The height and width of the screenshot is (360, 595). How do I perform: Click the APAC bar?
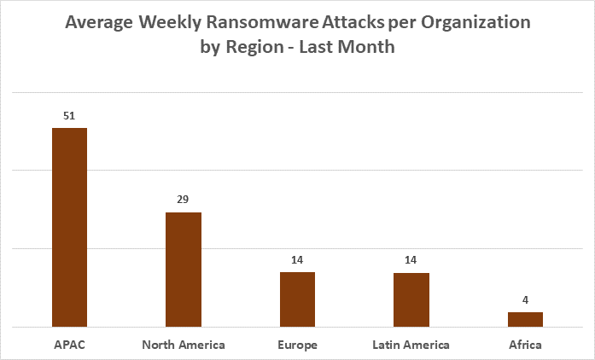(70, 227)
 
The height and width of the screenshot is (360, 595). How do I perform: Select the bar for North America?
(184, 269)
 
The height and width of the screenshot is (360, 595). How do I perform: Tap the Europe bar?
(297, 299)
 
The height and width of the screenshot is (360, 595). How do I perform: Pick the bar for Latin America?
(411, 299)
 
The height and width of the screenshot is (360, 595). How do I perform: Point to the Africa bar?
(525, 319)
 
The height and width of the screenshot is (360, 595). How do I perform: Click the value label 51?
(70, 115)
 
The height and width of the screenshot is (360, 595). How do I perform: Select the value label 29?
(184, 200)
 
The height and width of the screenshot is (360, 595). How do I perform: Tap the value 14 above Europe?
(297, 259)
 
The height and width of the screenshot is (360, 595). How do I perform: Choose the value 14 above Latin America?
(411, 259)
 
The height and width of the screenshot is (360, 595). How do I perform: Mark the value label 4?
(525, 299)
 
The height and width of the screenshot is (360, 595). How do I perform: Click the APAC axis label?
(70, 345)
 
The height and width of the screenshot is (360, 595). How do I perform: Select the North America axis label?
(184, 345)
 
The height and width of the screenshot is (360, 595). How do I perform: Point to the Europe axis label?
(297, 345)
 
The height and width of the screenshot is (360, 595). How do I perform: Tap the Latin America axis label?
(411, 345)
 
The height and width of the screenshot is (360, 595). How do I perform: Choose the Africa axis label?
(525, 345)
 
